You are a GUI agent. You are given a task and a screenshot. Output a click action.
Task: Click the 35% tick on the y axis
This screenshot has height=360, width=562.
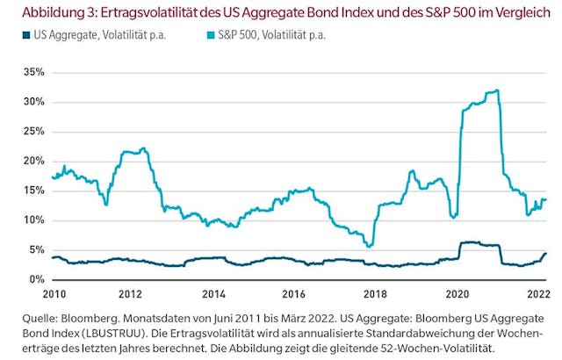(33, 72)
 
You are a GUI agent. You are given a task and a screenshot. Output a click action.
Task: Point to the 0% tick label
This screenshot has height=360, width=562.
(36, 279)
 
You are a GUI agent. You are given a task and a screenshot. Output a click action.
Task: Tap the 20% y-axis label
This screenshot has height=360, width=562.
(33, 161)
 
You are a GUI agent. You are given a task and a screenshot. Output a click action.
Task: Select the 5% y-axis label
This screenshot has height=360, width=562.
(36, 249)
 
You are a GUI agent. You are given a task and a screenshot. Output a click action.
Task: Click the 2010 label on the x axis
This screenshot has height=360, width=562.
(54, 292)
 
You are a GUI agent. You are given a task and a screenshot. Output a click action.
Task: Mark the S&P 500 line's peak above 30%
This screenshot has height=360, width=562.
(497, 90)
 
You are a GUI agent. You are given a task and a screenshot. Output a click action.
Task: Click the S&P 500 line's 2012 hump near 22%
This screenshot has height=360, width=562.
(143, 148)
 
